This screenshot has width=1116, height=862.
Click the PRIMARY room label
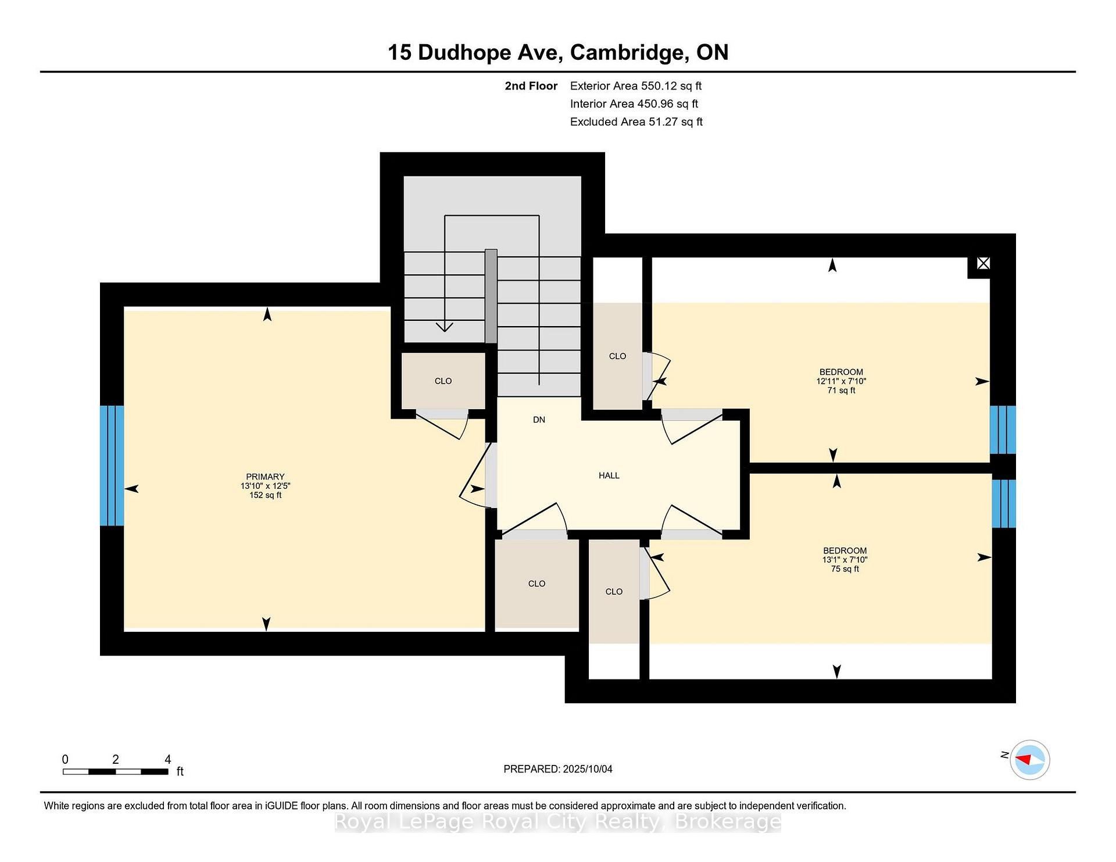pos(265,477)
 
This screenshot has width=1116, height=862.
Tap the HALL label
pos(609,475)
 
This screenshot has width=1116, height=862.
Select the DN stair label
pos(539,420)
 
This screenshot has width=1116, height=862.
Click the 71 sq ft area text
pos(841,391)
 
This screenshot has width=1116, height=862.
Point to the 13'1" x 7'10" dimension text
pos(845,560)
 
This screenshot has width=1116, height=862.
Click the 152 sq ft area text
pos(265,495)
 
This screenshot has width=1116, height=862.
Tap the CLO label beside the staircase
pos(443,381)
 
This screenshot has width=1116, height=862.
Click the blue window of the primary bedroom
pos(112,466)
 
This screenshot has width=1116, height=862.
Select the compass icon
pos(1029,760)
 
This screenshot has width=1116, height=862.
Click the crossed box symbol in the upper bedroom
pos(983,263)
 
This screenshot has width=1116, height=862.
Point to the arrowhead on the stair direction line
pos(445,327)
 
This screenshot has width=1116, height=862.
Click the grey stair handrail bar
pos(491,296)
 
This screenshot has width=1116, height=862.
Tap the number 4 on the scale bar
pos(168,759)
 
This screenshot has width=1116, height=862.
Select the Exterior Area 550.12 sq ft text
pos(636,86)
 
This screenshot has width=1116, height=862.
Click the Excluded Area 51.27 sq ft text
pos(636,121)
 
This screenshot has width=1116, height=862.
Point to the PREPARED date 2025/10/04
pos(558,769)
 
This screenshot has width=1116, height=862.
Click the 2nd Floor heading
pos(531,86)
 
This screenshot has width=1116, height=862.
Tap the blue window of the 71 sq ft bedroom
pos(1003,430)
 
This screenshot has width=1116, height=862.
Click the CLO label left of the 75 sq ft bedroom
pos(614,592)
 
